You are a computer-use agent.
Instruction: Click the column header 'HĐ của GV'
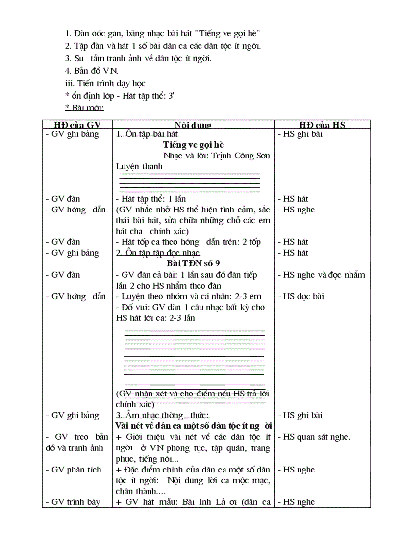[x=76, y=125]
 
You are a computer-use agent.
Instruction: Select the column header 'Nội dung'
[x=193, y=125]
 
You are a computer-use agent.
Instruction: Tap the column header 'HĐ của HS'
[x=322, y=125]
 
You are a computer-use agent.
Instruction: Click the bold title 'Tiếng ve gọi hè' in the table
[x=193, y=145]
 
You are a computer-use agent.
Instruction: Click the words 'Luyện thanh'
[x=139, y=166]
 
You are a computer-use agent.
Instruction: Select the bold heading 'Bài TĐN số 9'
[x=193, y=264]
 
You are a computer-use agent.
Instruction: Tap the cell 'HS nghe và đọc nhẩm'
[x=321, y=275]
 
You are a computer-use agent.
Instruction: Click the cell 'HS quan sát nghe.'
[x=314, y=437]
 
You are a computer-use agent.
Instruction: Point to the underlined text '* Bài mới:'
[x=84, y=107]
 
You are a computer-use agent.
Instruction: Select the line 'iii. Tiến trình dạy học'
[x=105, y=83]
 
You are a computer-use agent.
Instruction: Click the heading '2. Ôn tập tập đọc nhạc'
[x=158, y=253]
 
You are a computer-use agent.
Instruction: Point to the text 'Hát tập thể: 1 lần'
[x=150, y=199]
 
